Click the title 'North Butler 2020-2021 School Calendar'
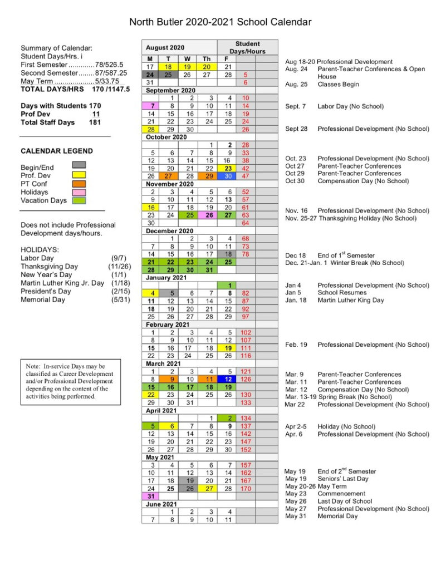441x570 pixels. [220, 22]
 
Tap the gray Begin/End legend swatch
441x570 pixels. [79, 165]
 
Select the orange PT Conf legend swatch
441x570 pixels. [79, 183]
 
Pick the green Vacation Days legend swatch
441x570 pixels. [79, 200]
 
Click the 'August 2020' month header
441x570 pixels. [166, 48]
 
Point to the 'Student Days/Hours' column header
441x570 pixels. [247, 47]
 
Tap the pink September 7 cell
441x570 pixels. [150, 106]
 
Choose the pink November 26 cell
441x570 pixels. [208, 215]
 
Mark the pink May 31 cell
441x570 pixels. [150, 496]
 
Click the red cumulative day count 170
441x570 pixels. [246, 488]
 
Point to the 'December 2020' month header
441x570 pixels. [170, 230]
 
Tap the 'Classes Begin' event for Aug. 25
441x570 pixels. [338, 85]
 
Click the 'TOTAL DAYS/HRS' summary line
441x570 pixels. [75, 89]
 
